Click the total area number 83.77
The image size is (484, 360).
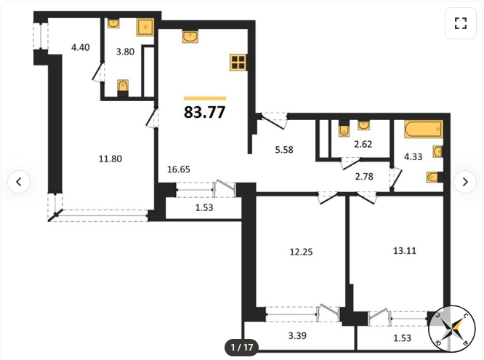click(205, 112)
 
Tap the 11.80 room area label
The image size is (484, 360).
click(110, 159)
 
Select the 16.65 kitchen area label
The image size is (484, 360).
click(179, 169)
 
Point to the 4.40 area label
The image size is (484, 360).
click(80, 47)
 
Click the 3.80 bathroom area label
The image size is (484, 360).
click(125, 52)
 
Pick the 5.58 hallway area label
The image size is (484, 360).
click(284, 150)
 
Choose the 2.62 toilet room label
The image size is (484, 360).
click(363, 144)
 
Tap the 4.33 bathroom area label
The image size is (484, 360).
click(413, 156)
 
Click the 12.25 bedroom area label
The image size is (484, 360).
click(301, 252)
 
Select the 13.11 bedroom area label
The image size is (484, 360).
click(405, 251)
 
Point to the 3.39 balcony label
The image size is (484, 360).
click(297, 335)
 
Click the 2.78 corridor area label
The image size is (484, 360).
click(364, 177)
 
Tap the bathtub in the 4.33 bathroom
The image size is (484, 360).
click(424, 129)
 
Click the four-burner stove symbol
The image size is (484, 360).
click(238, 63)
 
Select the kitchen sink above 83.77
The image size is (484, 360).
click(190, 36)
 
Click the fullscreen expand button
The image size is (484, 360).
click(461, 23)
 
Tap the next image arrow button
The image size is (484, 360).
click(465, 182)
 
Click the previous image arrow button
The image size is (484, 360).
click(19, 182)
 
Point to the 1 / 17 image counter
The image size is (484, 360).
click(242, 348)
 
